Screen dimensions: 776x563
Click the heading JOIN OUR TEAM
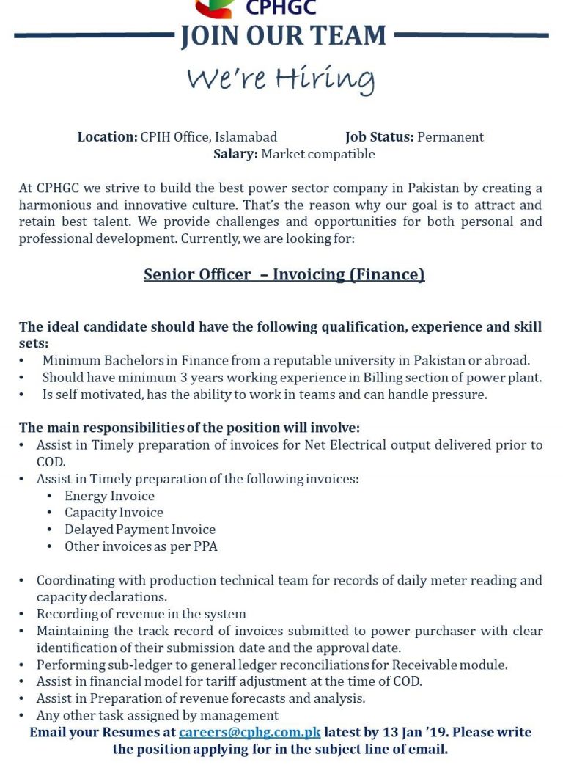283,36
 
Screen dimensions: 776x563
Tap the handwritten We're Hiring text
280,78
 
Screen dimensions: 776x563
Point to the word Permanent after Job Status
450,137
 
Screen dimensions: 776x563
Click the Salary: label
235,154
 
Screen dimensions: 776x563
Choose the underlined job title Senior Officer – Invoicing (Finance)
284,274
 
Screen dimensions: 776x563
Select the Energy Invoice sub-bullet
109,496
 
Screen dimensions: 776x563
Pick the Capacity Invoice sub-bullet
114,513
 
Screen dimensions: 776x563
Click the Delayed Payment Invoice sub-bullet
139,530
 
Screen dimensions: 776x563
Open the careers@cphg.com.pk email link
249,732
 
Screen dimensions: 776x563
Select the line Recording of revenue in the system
141,614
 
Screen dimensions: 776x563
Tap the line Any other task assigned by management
157,715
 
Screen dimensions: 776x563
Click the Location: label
107,137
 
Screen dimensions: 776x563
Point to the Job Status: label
379,137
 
